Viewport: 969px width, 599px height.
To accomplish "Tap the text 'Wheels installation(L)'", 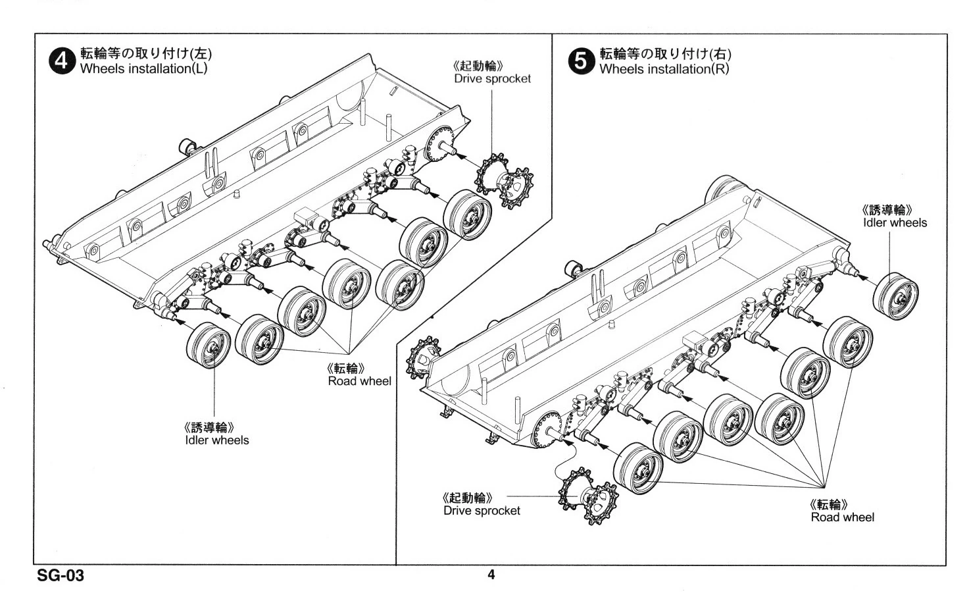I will [x=143, y=69].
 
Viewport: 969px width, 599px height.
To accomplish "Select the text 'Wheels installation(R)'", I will [x=664, y=69].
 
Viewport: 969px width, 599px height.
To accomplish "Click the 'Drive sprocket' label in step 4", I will [x=492, y=78].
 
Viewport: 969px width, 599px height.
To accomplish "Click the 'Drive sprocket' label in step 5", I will [x=482, y=511].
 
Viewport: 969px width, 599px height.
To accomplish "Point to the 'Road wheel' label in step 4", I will [x=359, y=381].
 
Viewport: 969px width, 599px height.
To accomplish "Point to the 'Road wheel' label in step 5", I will [x=842, y=517].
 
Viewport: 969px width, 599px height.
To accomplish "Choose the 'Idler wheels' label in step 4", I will [x=217, y=440].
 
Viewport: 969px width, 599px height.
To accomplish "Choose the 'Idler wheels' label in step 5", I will [x=895, y=222].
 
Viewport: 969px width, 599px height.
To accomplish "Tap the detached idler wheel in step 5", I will [x=895, y=298].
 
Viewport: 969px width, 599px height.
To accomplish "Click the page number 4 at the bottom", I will [x=491, y=575].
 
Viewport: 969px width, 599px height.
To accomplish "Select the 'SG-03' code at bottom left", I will [x=61, y=576].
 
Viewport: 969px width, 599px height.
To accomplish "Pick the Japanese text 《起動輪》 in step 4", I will [x=479, y=66].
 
